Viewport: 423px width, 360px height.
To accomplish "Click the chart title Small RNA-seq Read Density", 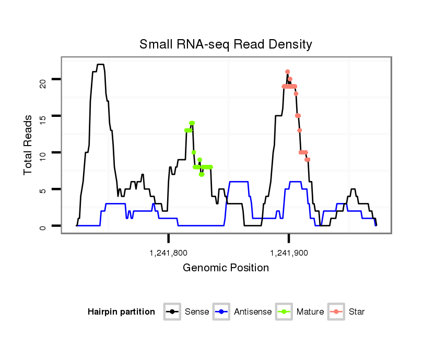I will [x=226, y=44].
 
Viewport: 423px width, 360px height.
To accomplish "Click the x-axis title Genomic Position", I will [x=226, y=268].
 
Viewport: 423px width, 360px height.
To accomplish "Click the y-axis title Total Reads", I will [x=28, y=146].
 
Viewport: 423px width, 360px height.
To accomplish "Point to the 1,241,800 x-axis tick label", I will [x=168, y=253].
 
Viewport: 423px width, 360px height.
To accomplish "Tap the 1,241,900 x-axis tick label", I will [x=289, y=253].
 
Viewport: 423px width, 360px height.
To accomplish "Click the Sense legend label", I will [x=197, y=312].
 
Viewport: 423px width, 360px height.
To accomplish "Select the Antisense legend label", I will [x=253, y=312].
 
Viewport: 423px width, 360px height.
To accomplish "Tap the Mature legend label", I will [x=310, y=312].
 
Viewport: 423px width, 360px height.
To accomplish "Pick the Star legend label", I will [x=357, y=312].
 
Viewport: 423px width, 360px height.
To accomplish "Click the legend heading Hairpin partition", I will [x=121, y=312].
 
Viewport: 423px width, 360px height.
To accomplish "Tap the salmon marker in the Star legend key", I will [x=337, y=312].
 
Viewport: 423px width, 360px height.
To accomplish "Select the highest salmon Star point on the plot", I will [x=288, y=71].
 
